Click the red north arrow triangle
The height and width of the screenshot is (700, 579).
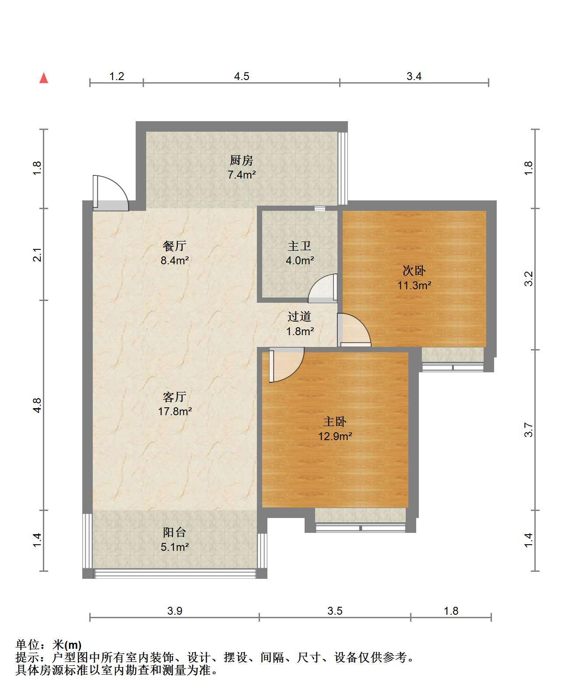click(44, 78)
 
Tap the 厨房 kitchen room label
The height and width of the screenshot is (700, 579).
click(242, 161)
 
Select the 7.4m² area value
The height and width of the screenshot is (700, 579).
click(242, 175)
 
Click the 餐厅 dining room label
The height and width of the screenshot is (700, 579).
click(175, 246)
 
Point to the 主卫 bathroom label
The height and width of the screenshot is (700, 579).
click(300, 246)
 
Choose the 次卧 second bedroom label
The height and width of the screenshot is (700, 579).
click(414, 271)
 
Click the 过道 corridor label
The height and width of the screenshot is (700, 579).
click(300, 316)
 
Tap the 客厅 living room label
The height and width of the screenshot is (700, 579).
click(175, 397)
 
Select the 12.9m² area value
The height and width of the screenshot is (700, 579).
click(335, 436)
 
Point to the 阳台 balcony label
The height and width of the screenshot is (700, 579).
click(175, 532)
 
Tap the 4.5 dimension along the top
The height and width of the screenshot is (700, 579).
click(242, 77)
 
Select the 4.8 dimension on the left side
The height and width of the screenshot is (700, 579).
click(38, 405)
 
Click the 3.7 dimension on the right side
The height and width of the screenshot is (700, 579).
click(529, 430)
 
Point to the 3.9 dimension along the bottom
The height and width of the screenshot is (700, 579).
click(175, 611)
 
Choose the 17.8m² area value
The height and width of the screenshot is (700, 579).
click(175, 411)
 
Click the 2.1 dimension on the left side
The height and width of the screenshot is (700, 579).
click(38, 255)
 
